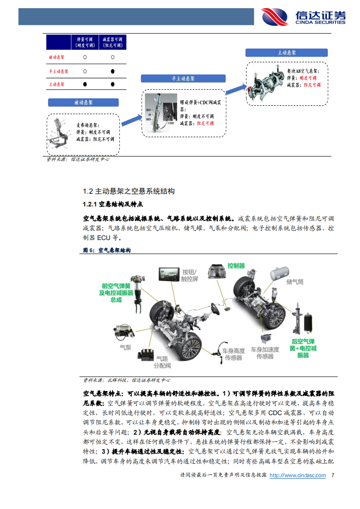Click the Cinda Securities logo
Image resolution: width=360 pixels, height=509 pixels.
(x=303, y=17)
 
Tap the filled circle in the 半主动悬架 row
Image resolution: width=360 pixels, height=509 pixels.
(x=112, y=71)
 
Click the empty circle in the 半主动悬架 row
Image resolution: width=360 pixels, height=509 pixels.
(x=85, y=71)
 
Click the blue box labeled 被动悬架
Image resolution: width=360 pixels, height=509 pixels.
(x=84, y=103)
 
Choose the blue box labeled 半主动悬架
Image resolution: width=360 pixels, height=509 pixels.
(x=183, y=78)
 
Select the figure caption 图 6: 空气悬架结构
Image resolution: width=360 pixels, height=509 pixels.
(x=107, y=250)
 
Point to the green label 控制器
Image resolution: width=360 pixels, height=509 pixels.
(x=236, y=265)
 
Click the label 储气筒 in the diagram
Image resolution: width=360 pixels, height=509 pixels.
(x=295, y=282)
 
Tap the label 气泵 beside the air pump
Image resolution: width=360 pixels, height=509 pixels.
(x=125, y=347)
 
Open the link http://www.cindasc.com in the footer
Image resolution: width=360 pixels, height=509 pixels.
(x=298, y=475)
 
